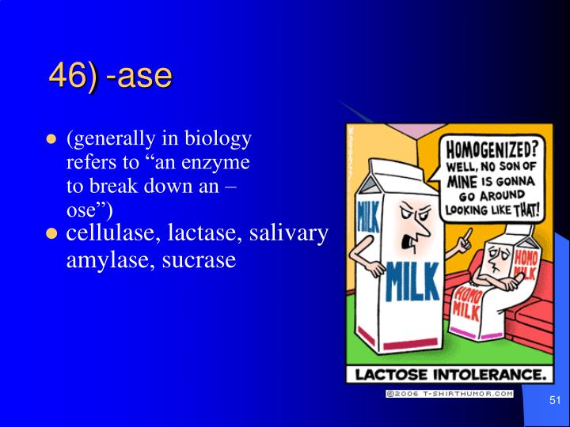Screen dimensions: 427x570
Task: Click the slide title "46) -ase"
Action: pos(111,76)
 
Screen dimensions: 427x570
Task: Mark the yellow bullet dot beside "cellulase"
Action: pos(52,234)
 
